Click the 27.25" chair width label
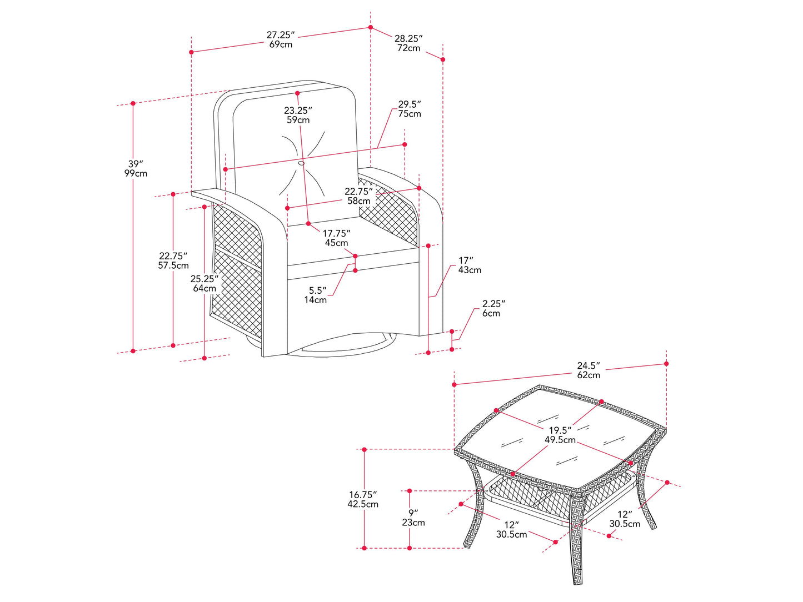[281, 39]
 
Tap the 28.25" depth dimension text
[408, 43]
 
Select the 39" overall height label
[136, 168]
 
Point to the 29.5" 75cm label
[410, 109]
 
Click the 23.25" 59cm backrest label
[298, 115]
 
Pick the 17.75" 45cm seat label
[337, 238]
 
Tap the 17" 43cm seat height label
[470, 265]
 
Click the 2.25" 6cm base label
[493, 308]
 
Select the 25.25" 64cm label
[204, 283]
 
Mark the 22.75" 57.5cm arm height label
[173, 260]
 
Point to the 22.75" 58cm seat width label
[358, 196]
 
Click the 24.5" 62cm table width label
[588, 370]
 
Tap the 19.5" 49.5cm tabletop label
[560, 435]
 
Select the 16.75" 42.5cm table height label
[363, 499]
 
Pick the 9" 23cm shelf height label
[413, 518]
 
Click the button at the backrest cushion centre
[301, 163]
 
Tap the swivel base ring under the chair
[339, 350]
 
